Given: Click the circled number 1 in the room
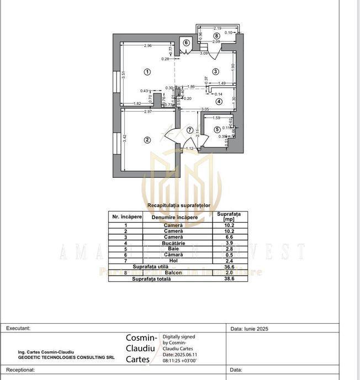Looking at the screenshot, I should coord(147,71).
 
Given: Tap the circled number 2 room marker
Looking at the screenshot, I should coord(147,140).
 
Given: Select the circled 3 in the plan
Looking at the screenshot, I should coord(216,71).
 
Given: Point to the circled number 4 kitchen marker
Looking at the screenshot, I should coord(219,102).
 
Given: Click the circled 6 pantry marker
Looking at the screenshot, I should coord(186,43).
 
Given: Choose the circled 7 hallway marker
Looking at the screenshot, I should coord(189,130).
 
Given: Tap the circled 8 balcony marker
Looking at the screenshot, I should coord(217,35).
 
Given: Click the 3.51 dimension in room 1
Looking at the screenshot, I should coord(124,76).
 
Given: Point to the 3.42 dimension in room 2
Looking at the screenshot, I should coord(124,139).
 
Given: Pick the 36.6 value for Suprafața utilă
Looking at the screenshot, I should coord(228,267).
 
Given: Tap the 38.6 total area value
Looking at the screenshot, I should coord(228,279).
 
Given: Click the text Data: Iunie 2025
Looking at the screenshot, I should coord(249,329).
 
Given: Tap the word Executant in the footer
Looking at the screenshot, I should coord(18,328).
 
